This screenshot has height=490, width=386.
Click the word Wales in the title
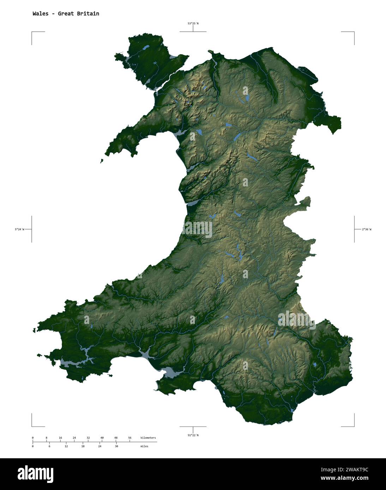point(41,14)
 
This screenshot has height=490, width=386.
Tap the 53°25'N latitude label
point(193,24)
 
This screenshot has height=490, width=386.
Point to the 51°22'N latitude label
point(193,435)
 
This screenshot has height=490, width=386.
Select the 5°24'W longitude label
point(19,229)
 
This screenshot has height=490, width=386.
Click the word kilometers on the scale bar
point(148,438)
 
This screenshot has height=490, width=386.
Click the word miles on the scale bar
point(144,446)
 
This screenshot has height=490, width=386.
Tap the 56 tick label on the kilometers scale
point(129,438)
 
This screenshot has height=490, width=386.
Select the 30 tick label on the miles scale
point(116,446)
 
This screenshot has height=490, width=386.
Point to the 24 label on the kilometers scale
point(74,438)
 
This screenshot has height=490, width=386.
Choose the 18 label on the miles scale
point(83,446)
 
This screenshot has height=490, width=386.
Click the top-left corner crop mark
point(32,32)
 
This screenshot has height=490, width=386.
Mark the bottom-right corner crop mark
point(354,426)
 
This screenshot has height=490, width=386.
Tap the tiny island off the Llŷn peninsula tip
point(102,161)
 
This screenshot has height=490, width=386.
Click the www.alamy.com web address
point(345,478)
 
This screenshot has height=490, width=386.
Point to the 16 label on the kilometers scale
point(60,438)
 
